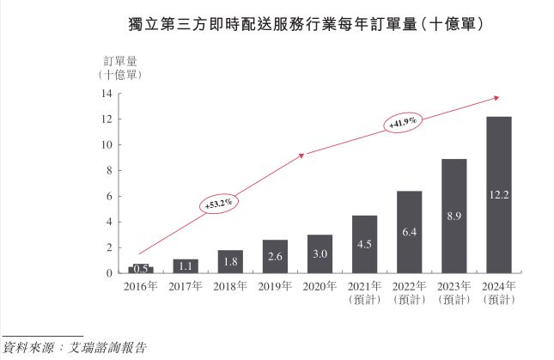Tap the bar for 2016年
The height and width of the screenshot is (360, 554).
click(141, 269)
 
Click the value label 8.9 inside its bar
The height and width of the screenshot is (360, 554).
click(454, 218)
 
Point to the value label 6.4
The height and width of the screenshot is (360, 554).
click(409, 233)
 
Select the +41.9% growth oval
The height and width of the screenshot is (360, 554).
click(401, 124)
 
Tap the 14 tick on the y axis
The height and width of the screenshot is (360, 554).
click(107, 94)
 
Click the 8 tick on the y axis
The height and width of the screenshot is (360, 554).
click(109, 170)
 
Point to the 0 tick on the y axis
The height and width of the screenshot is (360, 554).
click(109, 273)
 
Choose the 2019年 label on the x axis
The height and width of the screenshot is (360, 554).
click(275, 286)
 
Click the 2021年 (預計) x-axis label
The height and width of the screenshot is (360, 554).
click(364, 292)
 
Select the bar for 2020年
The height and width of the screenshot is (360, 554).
click(320, 253)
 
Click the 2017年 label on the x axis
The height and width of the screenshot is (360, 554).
click(186, 286)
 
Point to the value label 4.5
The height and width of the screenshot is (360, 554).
click(364, 244)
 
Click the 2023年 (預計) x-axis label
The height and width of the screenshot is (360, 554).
click(454, 292)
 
